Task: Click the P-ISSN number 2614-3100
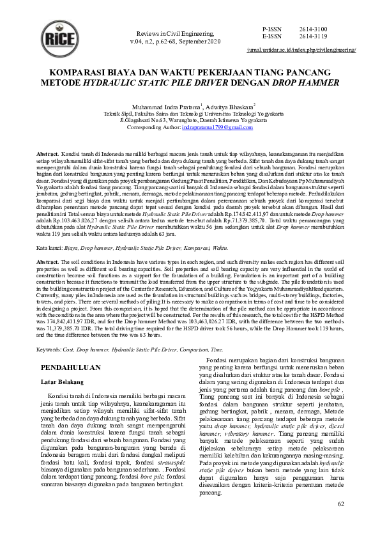coord(312,30)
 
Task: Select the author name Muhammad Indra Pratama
coord(169,106)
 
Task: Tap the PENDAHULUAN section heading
coord(70,369)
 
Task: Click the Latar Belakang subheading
coord(63,382)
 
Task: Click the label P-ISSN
coord(271,30)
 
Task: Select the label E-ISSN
coord(271,37)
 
